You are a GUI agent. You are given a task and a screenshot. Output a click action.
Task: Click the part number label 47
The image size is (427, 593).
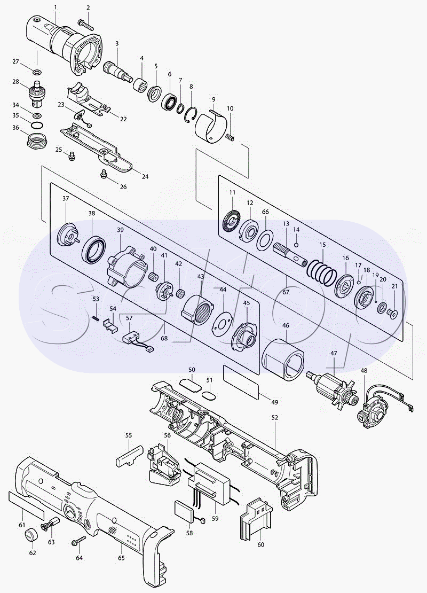click(x=334, y=354)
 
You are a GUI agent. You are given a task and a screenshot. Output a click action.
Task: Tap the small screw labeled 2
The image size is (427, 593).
click(x=86, y=24)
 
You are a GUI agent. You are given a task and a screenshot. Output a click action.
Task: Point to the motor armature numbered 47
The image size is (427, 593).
click(x=331, y=389)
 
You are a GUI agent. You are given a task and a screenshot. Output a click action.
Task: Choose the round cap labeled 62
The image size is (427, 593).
click(x=31, y=536)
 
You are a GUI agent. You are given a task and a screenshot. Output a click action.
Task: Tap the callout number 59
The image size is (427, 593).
click(x=215, y=519)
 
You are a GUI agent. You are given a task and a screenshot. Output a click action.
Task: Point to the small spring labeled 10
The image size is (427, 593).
click(x=230, y=138)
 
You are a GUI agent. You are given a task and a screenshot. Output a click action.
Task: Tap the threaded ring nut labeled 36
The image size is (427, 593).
click(x=37, y=139)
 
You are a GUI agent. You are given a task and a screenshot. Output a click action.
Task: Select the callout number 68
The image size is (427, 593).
click(x=164, y=338)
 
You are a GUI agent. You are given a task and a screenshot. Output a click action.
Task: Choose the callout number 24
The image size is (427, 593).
click(x=145, y=177)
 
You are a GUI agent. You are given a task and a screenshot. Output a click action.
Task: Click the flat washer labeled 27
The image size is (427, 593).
click(x=37, y=72)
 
